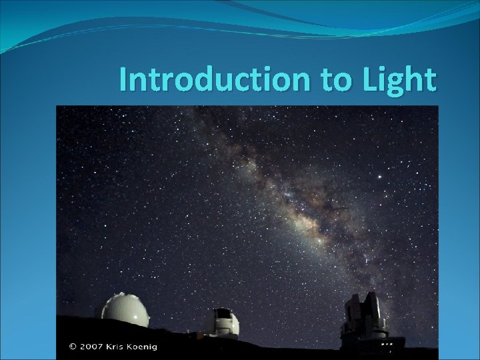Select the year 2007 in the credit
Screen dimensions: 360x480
click(x=95, y=346)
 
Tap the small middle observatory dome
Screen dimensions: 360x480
click(x=223, y=321)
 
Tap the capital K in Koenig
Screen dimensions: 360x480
click(x=147, y=346)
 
